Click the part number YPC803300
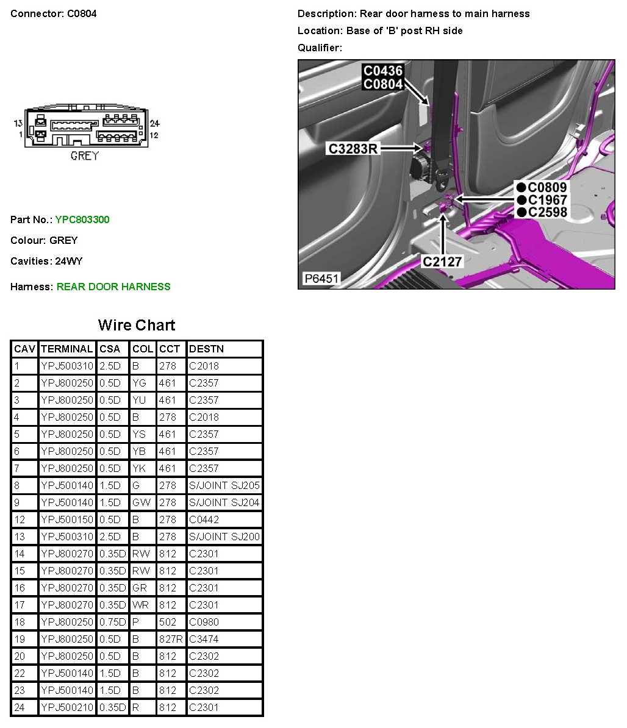pyautogui.click(x=82, y=219)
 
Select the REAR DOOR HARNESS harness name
pyautogui.click(x=113, y=287)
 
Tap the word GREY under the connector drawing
pyautogui.click(x=84, y=155)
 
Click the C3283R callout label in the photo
pyautogui.click(x=353, y=148)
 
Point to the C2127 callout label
pyautogui.click(x=442, y=262)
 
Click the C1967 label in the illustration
pyautogui.click(x=547, y=200)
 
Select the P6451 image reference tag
pyautogui.click(x=321, y=279)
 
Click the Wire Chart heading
pyautogui.click(x=137, y=325)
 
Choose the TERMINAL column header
pyautogui.click(x=66, y=349)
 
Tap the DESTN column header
pyautogui.click(x=206, y=349)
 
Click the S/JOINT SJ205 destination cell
pyautogui.click(x=224, y=485)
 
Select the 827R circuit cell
pyautogui.click(x=171, y=639)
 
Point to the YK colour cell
pyautogui.click(x=139, y=468)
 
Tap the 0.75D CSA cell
pyautogui.click(x=112, y=622)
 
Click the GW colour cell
pyautogui.click(x=141, y=502)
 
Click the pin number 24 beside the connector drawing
pyautogui.click(x=154, y=123)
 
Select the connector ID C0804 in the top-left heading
pyautogui.click(x=82, y=13)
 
